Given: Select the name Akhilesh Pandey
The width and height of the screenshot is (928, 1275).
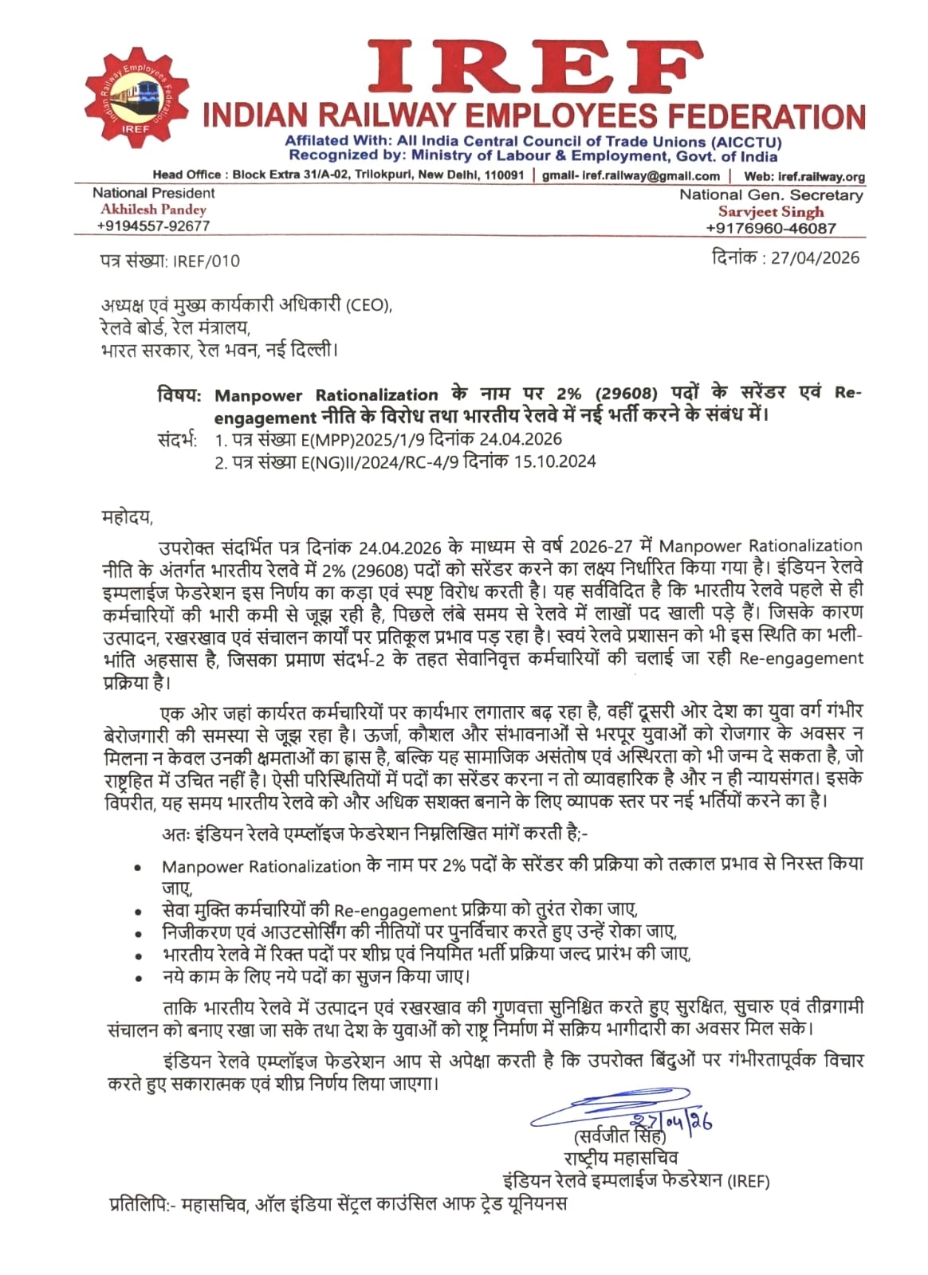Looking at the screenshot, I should pyautogui.click(x=153, y=210).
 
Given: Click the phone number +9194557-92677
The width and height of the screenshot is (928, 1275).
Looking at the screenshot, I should pyautogui.click(x=153, y=226).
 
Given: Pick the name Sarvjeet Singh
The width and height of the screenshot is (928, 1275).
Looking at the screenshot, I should pyautogui.click(x=770, y=212).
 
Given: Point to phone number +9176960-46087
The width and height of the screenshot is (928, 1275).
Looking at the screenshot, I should pyautogui.click(x=770, y=229).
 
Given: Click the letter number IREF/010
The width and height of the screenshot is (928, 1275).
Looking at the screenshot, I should pyautogui.click(x=206, y=261).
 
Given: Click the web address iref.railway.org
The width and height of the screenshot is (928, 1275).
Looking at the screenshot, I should pyautogui.click(x=820, y=177).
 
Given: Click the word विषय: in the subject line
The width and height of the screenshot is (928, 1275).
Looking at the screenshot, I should pyautogui.click(x=179, y=394).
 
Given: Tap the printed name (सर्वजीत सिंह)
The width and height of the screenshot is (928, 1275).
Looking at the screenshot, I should pyautogui.click(x=619, y=1137).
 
